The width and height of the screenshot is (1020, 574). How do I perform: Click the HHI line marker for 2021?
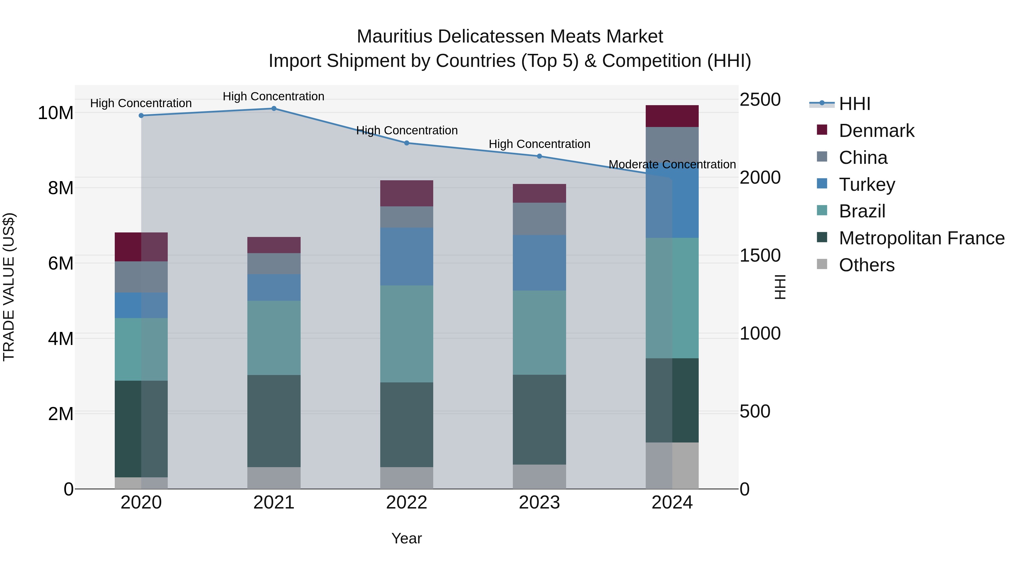point(274,109)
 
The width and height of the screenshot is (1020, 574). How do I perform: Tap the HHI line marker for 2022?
point(407,143)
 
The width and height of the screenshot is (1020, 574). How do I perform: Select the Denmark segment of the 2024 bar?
point(672,116)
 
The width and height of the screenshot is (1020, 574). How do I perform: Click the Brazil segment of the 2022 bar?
point(407,334)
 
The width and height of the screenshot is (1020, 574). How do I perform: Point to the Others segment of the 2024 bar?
point(672,465)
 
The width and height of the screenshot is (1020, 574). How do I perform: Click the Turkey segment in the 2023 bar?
point(539,263)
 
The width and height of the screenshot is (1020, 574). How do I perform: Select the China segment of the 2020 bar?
point(141,277)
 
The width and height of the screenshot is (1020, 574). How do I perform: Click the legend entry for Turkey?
point(866,185)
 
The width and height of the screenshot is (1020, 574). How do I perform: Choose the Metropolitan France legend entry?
point(921,238)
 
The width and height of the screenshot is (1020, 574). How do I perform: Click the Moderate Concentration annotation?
point(672,164)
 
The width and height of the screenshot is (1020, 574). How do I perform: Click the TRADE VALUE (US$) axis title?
point(9,287)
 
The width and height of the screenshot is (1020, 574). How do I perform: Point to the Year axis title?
point(407,538)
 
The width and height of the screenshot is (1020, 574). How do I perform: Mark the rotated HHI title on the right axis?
point(779,287)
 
